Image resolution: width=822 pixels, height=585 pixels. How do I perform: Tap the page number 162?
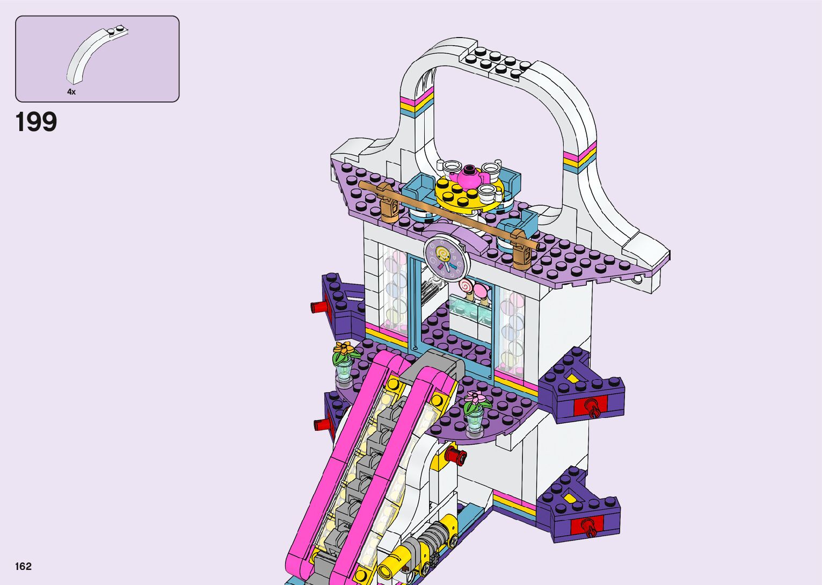coord(24,566)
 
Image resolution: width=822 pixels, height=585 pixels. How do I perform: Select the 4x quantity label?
coord(71,92)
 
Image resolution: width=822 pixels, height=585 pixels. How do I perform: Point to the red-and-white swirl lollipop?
coord(466,285)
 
